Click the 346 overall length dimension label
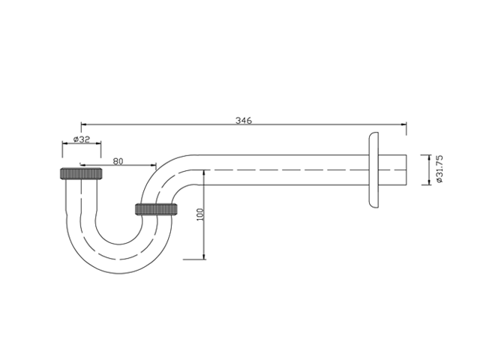click(x=244, y=120)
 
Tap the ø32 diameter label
click(x=82, y=139)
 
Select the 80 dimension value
click(x=118, y=161)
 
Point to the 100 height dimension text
click(x=200, y=214)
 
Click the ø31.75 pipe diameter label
click(x=439, y=169)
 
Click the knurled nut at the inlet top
click(x=81, y=173)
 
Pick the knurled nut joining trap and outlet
click(x=156, y=209)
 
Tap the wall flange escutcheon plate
click(x=373, y=169)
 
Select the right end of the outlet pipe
click(x=406, y=170)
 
